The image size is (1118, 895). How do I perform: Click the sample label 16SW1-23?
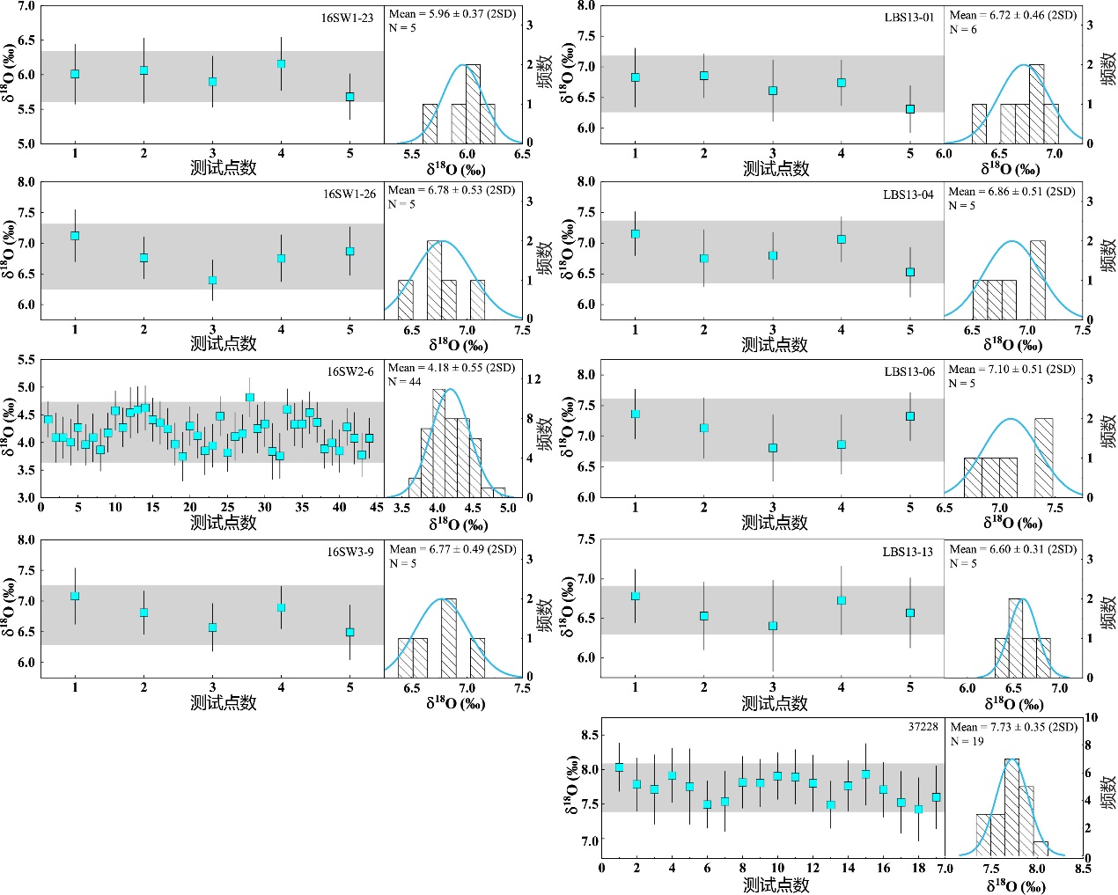click(347, 18)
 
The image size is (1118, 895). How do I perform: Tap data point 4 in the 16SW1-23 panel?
click(282, 64)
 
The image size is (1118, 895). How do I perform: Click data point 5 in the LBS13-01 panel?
click(910, 109)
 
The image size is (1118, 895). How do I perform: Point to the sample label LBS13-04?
click(908, 194)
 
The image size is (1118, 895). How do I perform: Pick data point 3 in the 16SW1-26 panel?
click(212, 281)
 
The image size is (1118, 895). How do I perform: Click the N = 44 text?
click(405, 381)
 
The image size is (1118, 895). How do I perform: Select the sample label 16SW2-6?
click(350, 371)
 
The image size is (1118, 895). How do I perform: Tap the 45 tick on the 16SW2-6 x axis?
click(377, 507)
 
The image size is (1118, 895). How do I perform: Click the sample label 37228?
click(923, 727)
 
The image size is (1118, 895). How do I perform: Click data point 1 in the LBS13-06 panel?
click(636, 414)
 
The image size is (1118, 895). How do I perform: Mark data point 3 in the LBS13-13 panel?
click(773, 627)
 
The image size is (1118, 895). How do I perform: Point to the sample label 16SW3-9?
click(350, 552)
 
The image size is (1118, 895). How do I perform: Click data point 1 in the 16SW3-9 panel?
click(75, 596)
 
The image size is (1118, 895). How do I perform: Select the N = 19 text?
click(967, 741)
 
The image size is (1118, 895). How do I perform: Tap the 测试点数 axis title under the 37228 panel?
click(776, 884)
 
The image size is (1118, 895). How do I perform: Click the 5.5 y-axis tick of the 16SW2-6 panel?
click(26, 360)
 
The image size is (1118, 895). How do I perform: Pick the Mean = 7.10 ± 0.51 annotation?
click(1011, 369)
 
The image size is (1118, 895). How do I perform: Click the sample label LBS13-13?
click(908, 552)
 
